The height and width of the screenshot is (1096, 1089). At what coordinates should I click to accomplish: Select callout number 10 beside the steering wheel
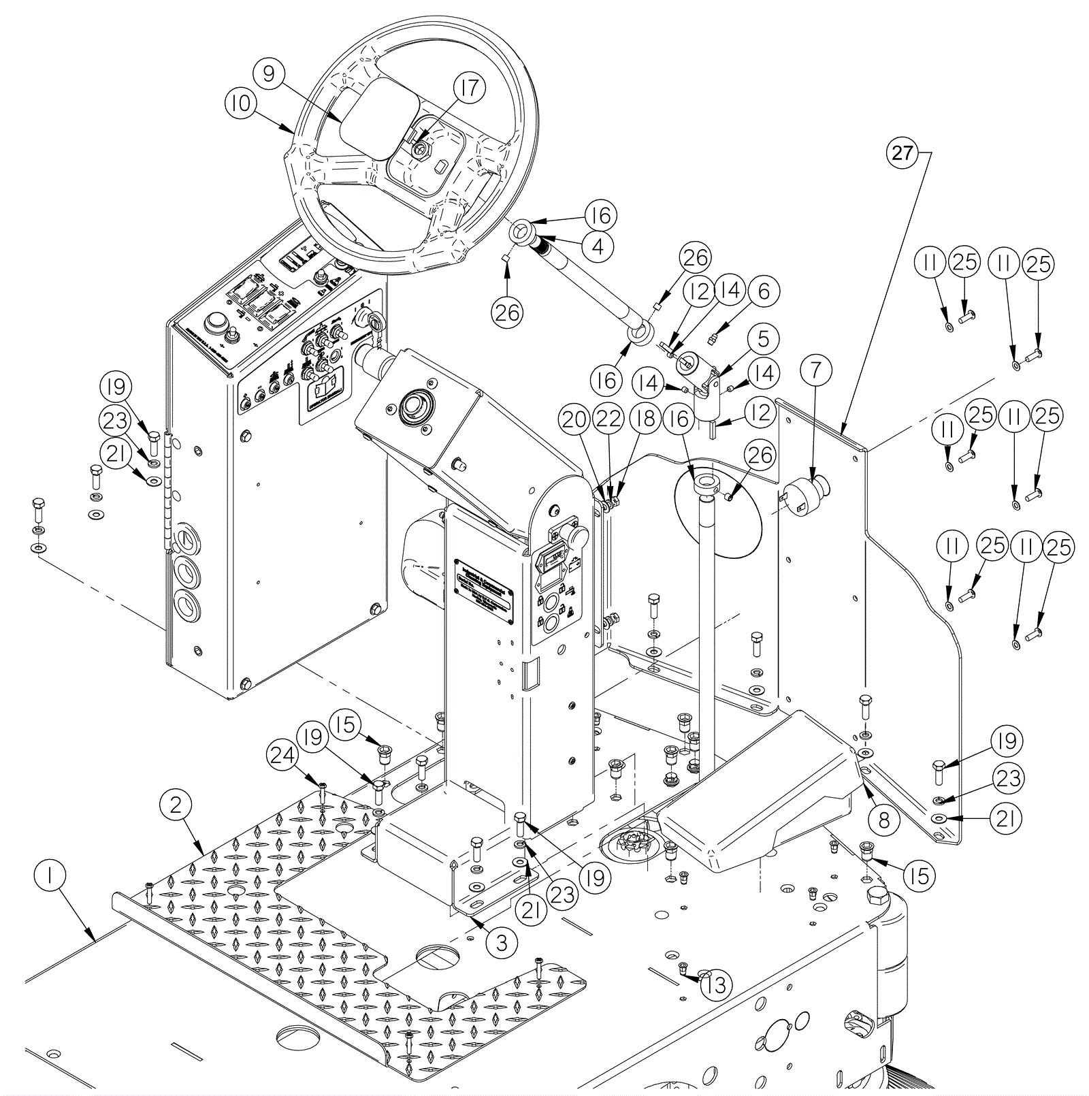240,104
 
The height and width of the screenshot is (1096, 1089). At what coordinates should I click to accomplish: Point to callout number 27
903,152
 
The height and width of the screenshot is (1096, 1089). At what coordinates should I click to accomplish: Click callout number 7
816,370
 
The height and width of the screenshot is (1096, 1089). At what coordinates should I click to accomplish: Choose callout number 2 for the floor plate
176,805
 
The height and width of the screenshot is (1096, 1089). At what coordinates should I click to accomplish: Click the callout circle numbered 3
502,942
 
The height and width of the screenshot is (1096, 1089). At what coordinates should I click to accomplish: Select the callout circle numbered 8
883,820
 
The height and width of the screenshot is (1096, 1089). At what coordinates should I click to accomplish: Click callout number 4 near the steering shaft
598,246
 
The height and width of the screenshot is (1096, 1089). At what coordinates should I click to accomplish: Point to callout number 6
764,291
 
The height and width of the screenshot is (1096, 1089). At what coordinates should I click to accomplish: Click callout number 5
763,339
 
